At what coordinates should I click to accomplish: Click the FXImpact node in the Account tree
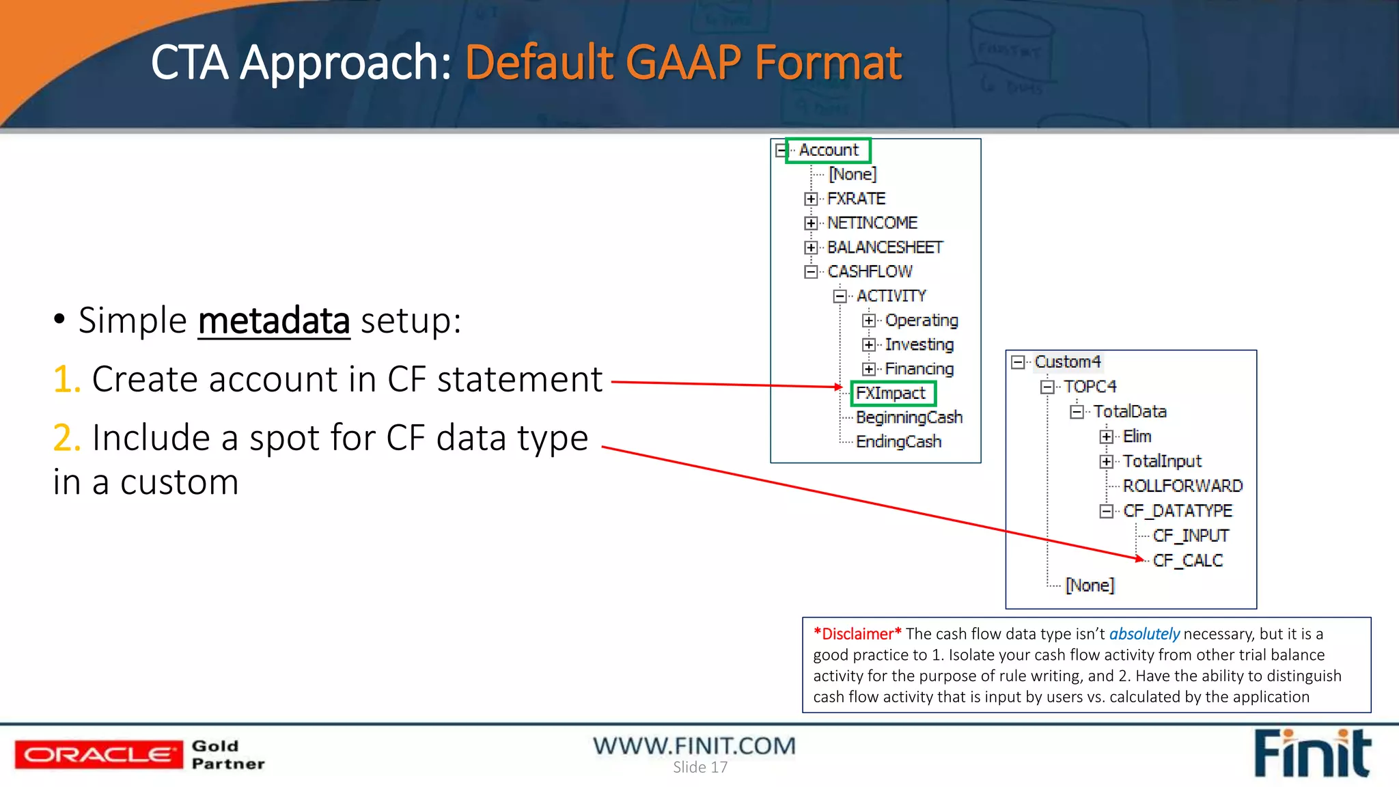(x=891, y=393)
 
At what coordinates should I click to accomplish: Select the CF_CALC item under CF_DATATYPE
(x=1187, y=560)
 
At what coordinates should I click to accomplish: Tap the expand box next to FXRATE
(x=811, y=199)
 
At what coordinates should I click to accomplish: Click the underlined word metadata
(x=274, y=320)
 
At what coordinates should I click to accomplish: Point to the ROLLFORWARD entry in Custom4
(x=1182, y=486)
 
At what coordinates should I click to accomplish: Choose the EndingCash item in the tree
(x=898, y=441)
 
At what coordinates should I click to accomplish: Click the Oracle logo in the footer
(x=99, y=754)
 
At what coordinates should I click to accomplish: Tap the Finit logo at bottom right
(x=1312, y=754)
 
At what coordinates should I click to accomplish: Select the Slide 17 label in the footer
(x=699, y=768)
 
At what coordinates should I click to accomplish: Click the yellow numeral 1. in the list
(x=67, y=379)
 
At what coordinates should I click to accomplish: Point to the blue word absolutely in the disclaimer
(x=1144, y=634)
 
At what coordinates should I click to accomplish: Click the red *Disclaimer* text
(x=857, y=634)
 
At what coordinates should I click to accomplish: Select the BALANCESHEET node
(x=885, y=247)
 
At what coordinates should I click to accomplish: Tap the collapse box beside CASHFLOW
(x=811, y=272)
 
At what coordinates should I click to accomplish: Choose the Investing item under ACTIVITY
(x=919, y=344)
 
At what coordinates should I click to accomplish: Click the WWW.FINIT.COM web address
(x=694, y=745)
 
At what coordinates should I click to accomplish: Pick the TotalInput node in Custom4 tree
(x=1162, y=461)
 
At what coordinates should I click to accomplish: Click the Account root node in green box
(x=829, y=150)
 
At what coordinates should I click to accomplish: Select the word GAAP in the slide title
(x=682, y=63)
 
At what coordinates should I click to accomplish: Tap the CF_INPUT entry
(x=1191, y=536)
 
